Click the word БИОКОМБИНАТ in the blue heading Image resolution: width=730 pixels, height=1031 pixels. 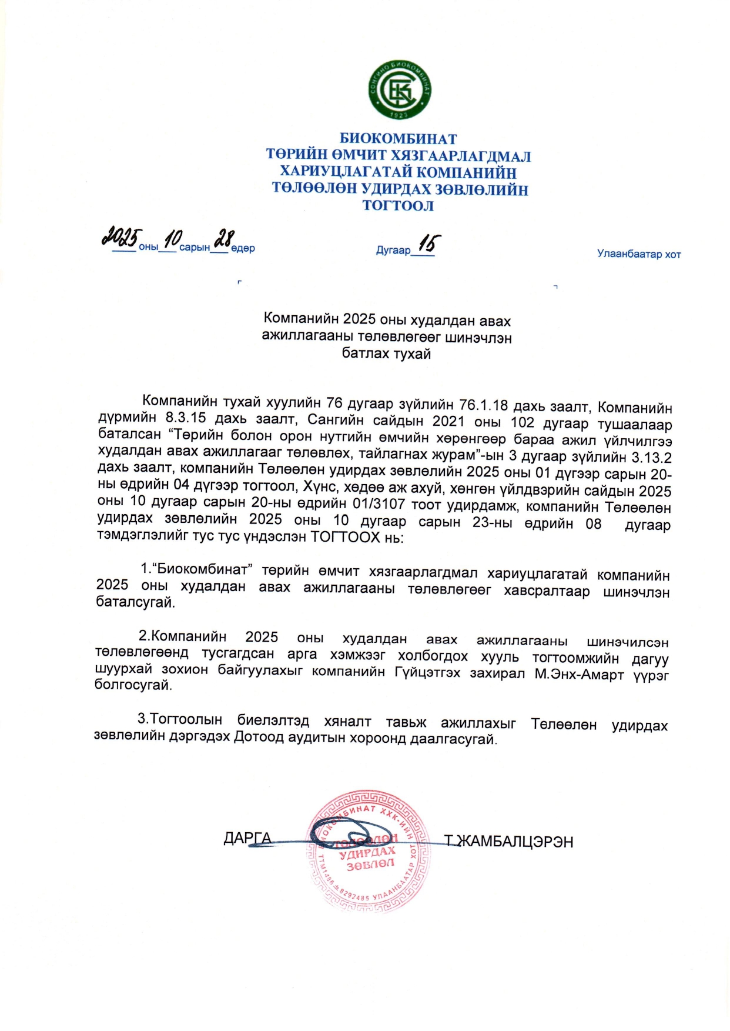[x=398, y=139]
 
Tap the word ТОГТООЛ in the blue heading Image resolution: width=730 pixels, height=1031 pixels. [x=398, y=206]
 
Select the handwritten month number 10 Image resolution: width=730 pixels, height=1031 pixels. [x=173, y=238]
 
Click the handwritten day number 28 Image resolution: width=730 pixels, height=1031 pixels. [x=224, y=238]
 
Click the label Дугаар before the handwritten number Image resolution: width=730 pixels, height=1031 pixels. [x=393, y=251]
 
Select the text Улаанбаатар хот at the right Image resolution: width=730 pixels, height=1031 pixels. [x=639, y=254]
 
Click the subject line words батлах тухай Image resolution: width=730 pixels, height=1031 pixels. [x=386, y=353]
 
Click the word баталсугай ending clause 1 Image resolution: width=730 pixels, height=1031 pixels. [x=135, y=602]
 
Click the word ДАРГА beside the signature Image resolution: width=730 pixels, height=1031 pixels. [x=247, y=838]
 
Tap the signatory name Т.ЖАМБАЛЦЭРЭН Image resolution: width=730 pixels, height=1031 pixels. [x=509, y=842]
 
